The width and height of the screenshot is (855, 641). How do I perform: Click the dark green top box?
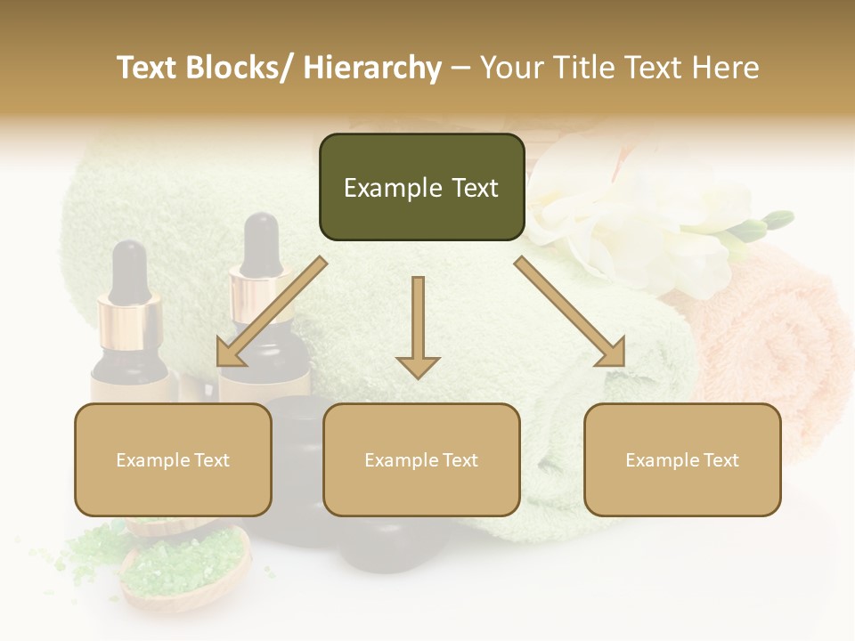421,187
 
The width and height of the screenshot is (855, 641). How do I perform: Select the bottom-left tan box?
173,459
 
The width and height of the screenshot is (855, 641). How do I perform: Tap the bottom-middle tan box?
421,459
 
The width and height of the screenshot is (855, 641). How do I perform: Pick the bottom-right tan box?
682,459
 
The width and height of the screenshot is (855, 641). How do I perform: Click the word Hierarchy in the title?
371,68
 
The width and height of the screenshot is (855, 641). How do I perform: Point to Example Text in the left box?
173,460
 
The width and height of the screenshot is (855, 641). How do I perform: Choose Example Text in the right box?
682,460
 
